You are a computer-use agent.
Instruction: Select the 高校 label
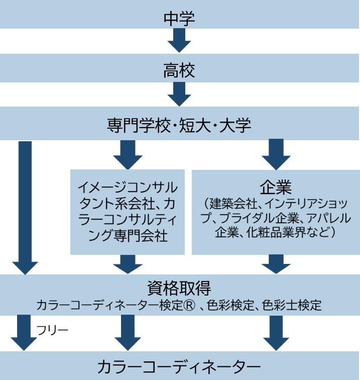pos(179,70)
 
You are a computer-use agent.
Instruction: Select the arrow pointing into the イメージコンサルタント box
pos(128,153)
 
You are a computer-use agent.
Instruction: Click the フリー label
pos(52,330)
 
